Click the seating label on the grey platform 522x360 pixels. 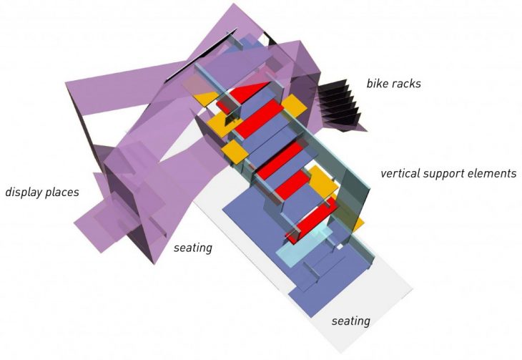tap(350, 321)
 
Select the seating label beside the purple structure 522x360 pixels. tap(193, 248)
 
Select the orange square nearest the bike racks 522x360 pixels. tap(293, 105)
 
